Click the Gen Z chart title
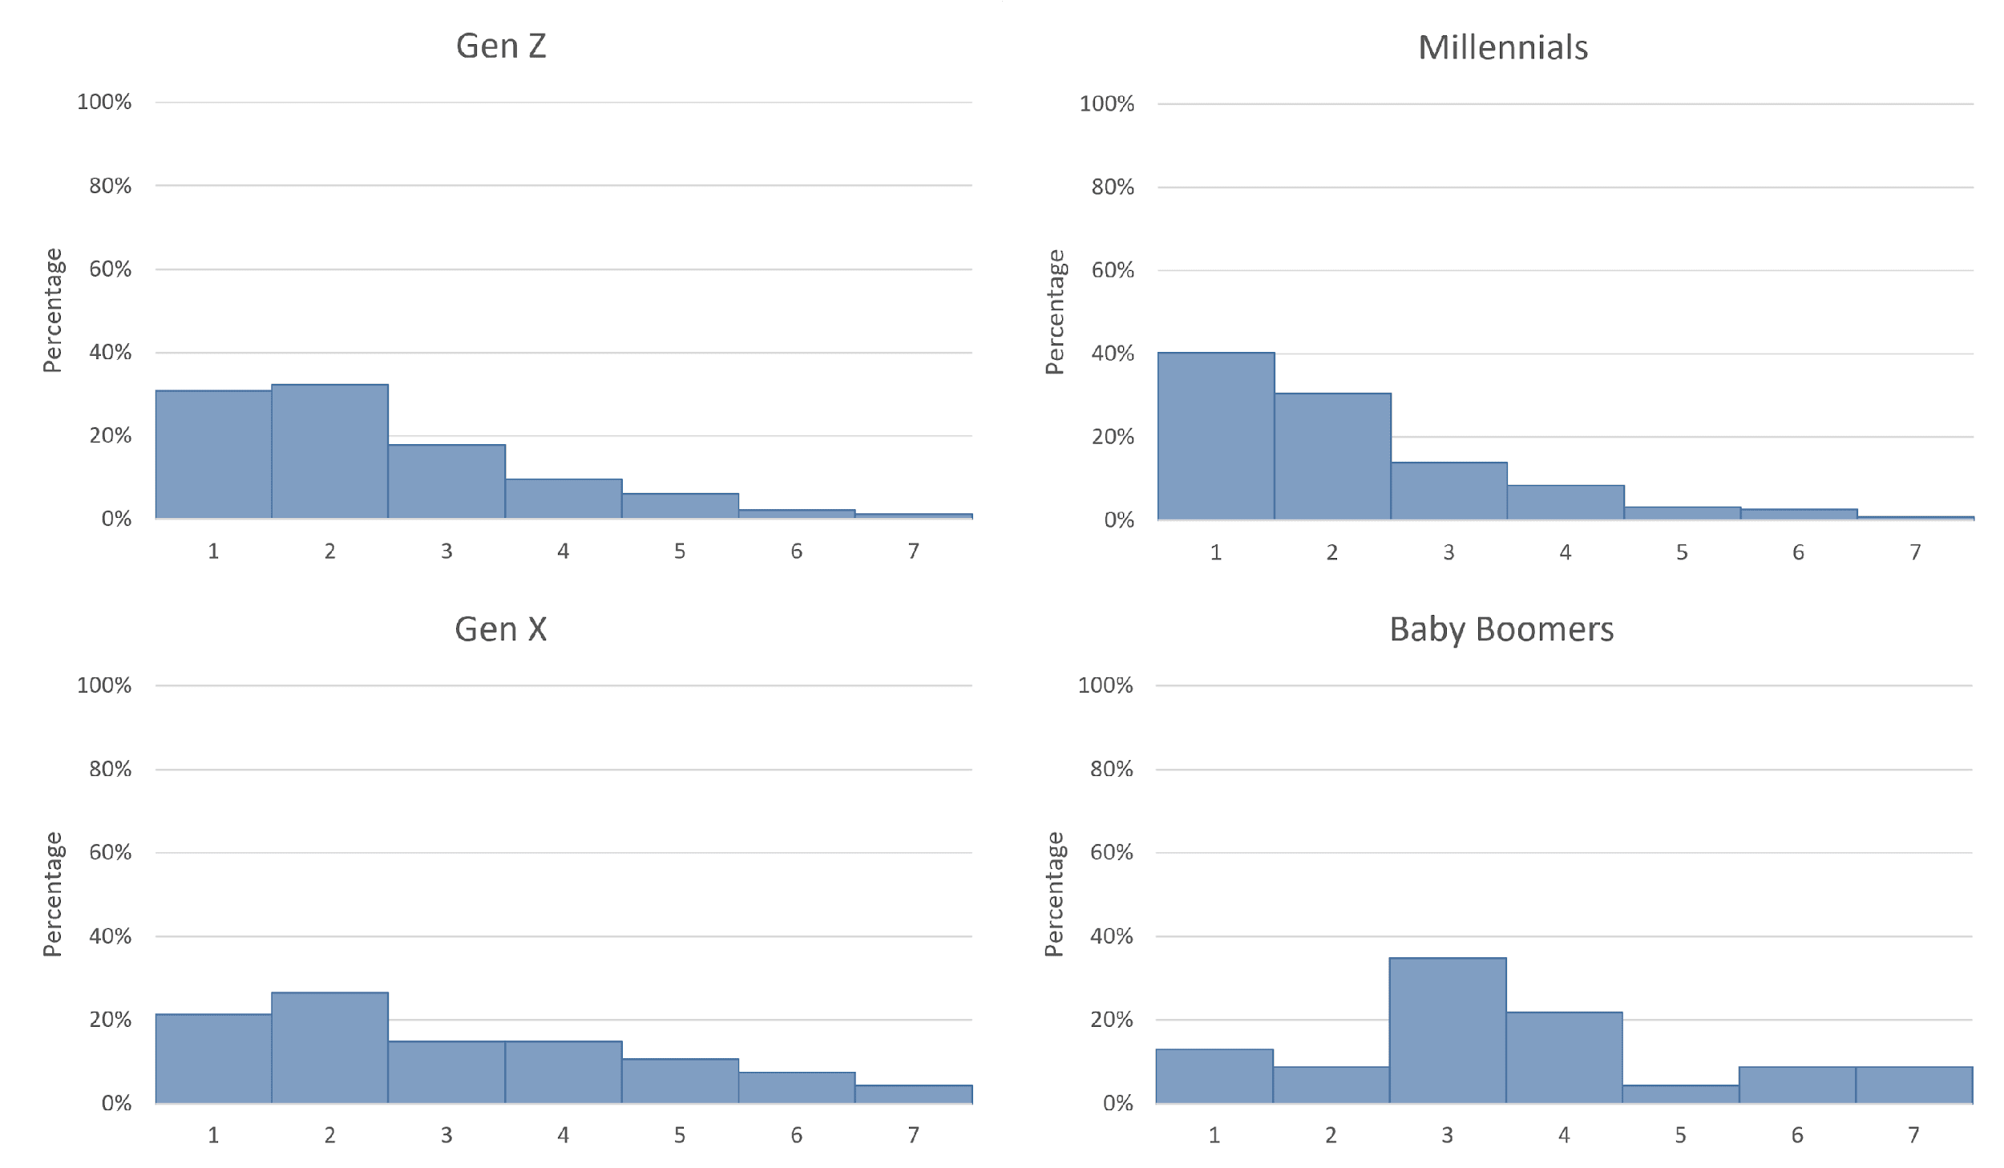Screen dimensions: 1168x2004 coord(501,46)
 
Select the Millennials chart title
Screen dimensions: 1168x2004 coord(1503,48)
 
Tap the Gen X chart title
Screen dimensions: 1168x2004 coord(501,629)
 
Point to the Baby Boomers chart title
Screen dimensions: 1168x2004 coord(1501,629)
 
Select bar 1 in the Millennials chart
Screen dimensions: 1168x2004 coord(1216,436)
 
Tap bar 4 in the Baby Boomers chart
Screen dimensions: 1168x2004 coord(1564,1057)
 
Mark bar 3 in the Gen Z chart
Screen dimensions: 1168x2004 coord(446,481)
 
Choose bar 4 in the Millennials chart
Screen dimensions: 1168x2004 coord(1566,502)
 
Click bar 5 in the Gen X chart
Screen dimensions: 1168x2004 coord(680,1081)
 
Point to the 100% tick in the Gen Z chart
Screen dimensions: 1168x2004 coord(104,102)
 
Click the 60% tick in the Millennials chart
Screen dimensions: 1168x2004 coord(1113,270)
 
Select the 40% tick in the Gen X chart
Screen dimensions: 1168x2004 coord(110,936)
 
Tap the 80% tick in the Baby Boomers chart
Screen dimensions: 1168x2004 coord(1111,769)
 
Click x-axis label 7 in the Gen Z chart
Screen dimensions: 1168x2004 coord(913,552)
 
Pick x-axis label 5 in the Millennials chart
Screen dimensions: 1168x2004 coord(1682,552)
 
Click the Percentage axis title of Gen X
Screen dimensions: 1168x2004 coord(52,894)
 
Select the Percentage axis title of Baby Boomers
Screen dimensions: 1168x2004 coord(1054,894)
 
